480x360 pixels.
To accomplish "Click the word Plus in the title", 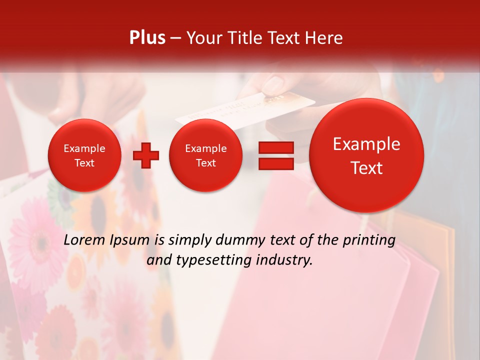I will point(147,38).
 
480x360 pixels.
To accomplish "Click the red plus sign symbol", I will point(145,155).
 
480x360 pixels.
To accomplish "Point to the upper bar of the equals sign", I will point(276,147).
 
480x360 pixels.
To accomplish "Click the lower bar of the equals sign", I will point(276,163).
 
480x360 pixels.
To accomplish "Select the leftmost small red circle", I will point(84,155).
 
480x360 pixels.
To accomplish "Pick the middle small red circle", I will point(206,155).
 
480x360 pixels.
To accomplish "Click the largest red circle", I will point(366,155).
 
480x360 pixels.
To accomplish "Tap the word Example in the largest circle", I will point(366,144).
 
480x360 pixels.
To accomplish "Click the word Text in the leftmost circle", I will point(84,163).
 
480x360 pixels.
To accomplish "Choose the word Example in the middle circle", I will point(206,148).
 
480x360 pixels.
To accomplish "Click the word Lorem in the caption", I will point(83,240).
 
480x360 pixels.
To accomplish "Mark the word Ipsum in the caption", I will point(129,240).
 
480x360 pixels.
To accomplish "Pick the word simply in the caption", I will point(189,240).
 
